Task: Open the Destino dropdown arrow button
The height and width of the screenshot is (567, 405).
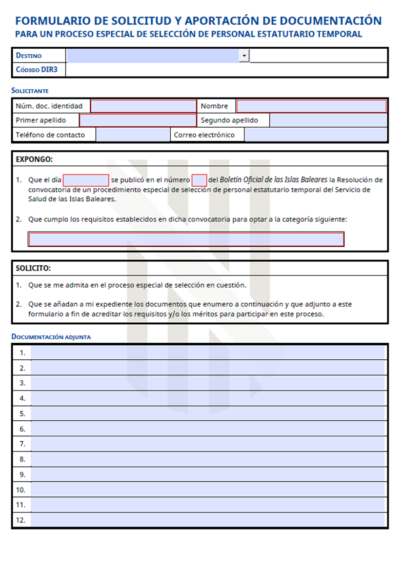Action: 244,56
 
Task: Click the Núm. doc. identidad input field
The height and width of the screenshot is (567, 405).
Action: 143,106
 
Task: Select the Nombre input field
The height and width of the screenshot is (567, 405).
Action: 311,106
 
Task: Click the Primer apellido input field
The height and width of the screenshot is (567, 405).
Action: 138,120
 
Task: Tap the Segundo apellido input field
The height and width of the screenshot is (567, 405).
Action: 328,120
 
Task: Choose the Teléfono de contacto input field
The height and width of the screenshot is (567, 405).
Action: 132,135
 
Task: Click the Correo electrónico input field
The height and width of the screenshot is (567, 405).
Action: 315,135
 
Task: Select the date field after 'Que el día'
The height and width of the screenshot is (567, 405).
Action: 86,180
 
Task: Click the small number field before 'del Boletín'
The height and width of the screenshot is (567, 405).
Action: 199,180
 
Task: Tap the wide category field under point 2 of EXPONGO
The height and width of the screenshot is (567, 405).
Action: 186,239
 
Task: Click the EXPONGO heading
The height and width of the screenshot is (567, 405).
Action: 34,159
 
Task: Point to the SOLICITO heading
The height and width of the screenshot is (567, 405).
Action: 33,269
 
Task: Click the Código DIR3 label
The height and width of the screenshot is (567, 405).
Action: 37,70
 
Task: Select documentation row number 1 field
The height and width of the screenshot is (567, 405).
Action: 207,352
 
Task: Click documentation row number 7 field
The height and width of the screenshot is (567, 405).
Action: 207,444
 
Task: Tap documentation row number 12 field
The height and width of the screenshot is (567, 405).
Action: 207,520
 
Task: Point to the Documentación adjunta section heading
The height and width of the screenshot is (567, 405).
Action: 51,337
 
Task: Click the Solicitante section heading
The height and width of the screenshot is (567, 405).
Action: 30,91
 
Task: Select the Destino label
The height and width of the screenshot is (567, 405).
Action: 29,56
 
